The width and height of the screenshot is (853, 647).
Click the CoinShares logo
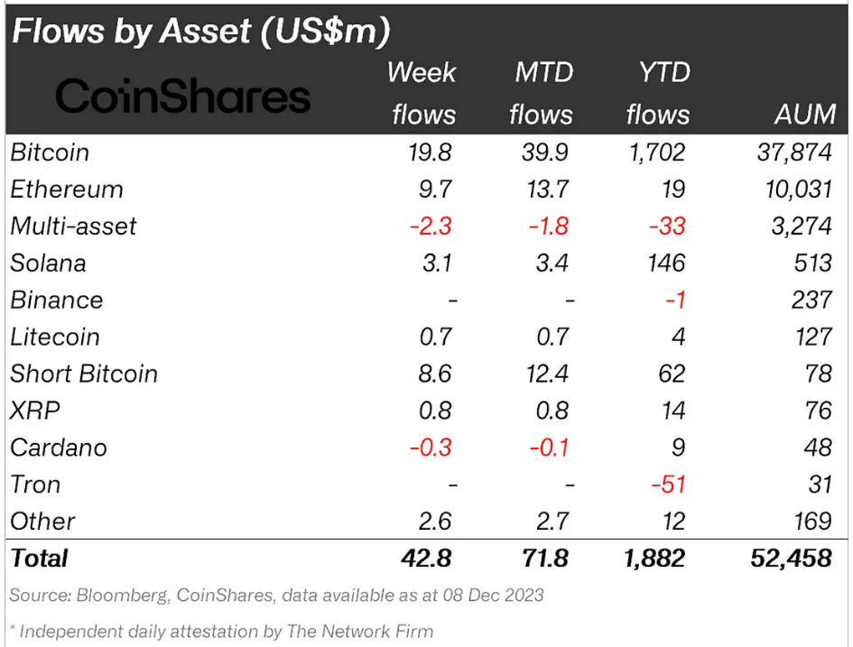[x=183, y=96]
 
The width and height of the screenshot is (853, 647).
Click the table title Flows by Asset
[x=200, y=32]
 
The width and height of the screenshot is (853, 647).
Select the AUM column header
[x=805, y=115]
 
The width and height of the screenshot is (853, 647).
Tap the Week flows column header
[x=422, y=94]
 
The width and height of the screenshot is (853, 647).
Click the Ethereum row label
[x=67, y=189]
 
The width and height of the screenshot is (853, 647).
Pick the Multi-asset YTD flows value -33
[x=668, y=226]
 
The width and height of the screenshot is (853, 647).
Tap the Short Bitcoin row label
[x=84, y=374]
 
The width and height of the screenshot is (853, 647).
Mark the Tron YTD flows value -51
[x=668, y=485]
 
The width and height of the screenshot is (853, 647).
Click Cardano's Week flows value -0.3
[x=431, y=448]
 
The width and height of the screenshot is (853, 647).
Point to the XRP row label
[x=35, y=411]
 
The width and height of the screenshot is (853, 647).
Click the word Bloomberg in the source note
[x=122, y=596]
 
